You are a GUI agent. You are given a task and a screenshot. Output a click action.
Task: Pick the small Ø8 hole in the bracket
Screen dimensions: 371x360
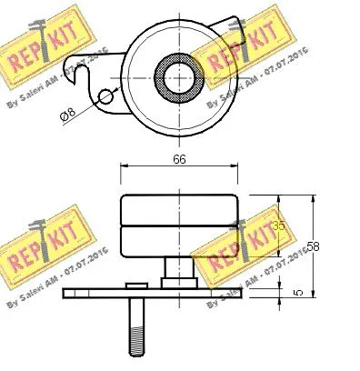coord(106,96)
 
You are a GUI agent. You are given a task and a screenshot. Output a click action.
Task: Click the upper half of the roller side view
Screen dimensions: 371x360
coord(179,209)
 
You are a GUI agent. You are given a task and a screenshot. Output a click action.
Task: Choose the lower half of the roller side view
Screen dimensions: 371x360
coord(179,240)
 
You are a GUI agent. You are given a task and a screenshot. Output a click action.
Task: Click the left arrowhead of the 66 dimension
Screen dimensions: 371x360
coord(124,166)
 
